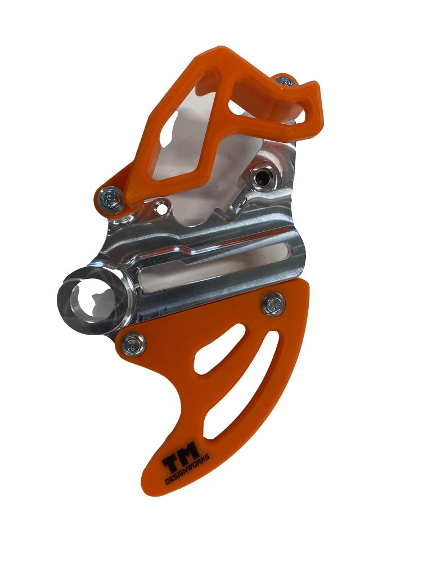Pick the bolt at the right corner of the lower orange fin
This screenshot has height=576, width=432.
(x=273, y=304)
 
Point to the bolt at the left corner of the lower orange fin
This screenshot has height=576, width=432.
(x=133, y=343)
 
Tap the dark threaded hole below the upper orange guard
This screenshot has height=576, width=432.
(x=262, y=178)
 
